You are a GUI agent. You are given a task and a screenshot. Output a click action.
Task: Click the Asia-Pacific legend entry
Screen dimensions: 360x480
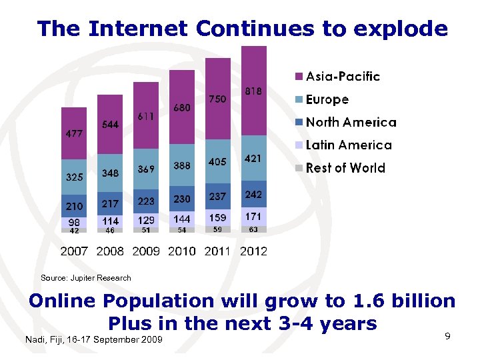[x=342, y=76]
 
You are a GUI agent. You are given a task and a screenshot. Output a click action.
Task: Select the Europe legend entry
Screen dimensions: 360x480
[x=327, y=99]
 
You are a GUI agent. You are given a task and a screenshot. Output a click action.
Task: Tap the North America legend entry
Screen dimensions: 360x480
[x=351, y=122]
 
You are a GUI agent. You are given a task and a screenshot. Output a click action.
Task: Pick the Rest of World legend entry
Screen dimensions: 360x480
[x=345, y=167]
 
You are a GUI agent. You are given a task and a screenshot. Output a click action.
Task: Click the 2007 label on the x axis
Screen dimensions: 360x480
[x=74, y=251]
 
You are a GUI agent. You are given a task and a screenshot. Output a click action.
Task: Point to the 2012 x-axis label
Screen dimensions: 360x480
[x=253, y=251]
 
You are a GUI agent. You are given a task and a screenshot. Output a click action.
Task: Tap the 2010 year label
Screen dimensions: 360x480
[x=181, y=251]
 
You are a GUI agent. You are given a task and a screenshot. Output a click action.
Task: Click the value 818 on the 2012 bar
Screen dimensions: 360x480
[x=253, y=91]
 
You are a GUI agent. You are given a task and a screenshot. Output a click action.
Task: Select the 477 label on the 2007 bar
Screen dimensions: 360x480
[x=74, y=133]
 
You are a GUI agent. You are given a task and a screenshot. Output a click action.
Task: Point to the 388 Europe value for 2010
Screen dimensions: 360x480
[x=181, y=165]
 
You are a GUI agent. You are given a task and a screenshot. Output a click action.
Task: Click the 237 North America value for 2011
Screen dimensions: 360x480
[x=217, y=196]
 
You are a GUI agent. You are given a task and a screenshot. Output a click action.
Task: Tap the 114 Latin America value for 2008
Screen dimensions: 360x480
[x=110, y=221]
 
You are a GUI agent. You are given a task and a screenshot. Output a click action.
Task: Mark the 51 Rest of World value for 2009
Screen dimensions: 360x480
[x=146, y=230]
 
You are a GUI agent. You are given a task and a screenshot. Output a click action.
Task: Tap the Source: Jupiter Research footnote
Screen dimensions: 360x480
[x=86, y=277]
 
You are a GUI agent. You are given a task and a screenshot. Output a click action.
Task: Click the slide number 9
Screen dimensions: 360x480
[x=448, y=337]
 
